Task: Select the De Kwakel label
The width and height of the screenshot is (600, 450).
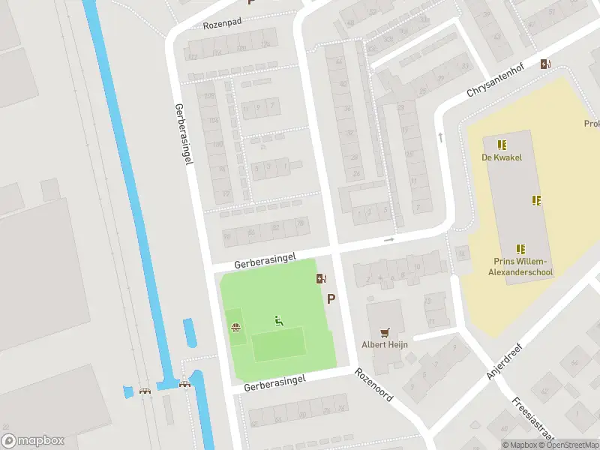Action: click(x=500, y=157)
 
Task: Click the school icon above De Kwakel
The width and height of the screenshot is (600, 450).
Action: click(x=501, y=144)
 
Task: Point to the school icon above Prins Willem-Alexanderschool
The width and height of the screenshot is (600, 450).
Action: click(x=520, y=249)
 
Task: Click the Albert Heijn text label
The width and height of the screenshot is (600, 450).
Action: click(x=385, y=345)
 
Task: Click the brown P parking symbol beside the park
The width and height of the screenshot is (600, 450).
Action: click(x=331, y=298)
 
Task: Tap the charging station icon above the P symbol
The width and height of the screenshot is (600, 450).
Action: click(x=321, y=279)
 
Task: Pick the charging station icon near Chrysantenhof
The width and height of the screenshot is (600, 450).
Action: click(x=544, y=64)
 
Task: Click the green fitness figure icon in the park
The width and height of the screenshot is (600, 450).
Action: click(x=279, y=321)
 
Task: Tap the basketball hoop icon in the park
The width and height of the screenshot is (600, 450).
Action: click(x=235, y=327)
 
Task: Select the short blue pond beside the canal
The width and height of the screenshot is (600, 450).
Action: click(x=190, y=334)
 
